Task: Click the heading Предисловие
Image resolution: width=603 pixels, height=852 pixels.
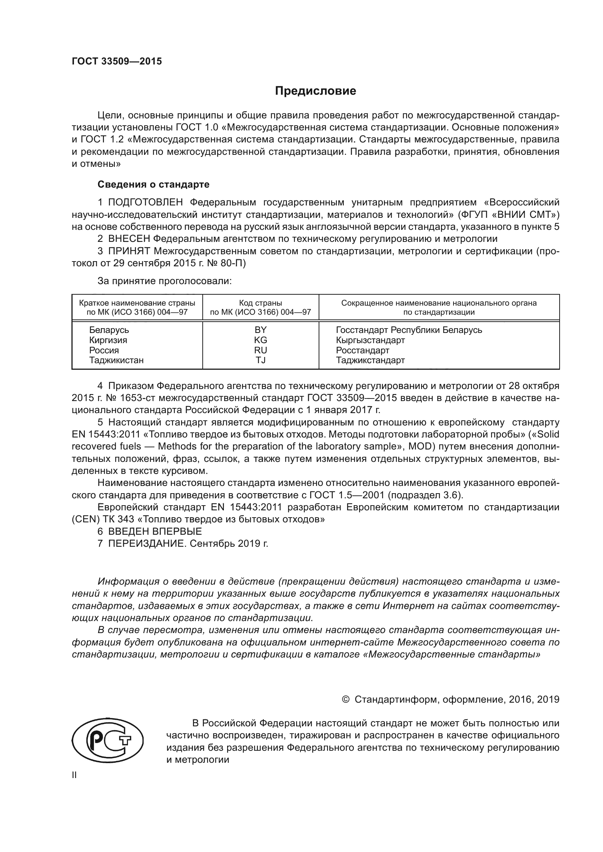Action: [x=315, y=91]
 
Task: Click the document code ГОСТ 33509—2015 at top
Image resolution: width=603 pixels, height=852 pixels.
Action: [x=117, y=62]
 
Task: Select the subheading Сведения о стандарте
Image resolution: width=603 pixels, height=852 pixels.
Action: [x=153, y=184]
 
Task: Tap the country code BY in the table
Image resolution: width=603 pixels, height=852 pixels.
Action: [x=260, y=330]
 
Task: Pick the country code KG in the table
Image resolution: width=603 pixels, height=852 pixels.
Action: [x=260, y=340]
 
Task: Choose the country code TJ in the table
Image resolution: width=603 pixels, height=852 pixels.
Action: [x=260, y=360]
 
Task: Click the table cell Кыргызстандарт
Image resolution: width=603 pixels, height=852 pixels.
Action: [x=370, y=340]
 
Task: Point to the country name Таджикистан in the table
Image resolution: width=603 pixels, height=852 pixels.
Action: [x=116, y=360]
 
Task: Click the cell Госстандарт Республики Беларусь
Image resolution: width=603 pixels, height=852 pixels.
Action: [x=409, y=330]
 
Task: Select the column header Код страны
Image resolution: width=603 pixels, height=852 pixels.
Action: [x=260, y=303]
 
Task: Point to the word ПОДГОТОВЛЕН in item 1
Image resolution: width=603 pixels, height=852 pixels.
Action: [x=145, y=202]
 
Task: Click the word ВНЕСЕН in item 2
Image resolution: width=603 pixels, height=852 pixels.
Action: [x=129, y=239]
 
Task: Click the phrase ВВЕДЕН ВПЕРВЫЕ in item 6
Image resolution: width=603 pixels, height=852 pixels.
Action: [x=155, y=531]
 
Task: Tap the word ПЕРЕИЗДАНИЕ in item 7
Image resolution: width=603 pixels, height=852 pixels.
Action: [x=146, y=543]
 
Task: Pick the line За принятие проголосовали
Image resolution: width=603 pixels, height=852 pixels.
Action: [x=164, y=281]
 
